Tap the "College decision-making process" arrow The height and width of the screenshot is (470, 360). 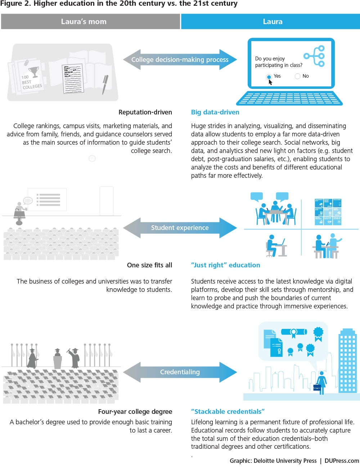pyautogui.click(x=180, y=60)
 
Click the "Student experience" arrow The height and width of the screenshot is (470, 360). pyautogui.click(x=180, y=228)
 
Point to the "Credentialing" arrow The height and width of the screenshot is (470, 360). pyautogui.click(x=180, y=372)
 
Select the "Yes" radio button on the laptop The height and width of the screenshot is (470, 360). pyautogui.click(x=269, y=77)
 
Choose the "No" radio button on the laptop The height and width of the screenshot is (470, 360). pyautogui.click(x=297, y=76)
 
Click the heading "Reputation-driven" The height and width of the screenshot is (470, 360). pyautogui.click(x=145, y=112)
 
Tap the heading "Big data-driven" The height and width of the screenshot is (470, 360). pyautogui.click(x=215, y=112)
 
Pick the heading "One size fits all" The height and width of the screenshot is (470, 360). pyautogui.click(x=149, y=265)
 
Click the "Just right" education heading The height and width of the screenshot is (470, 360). pyautogui.click(x=225, y=265)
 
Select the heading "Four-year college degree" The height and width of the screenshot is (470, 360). pyautogui.click(x=135, y=412)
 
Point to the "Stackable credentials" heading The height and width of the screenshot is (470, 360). pyautogui.click(x=228, y=412)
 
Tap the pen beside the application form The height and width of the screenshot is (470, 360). pyautogui.click(x=105, y=85)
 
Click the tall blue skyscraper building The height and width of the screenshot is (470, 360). pyautogui.click(x=347, y=360)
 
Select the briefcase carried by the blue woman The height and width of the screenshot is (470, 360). pyautogui.click(x=317, y=388)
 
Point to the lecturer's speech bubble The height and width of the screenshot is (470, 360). pyautogui.click(x=28, y=200)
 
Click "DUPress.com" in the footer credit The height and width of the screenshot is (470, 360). pyautogui.click(x=342, y=461)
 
